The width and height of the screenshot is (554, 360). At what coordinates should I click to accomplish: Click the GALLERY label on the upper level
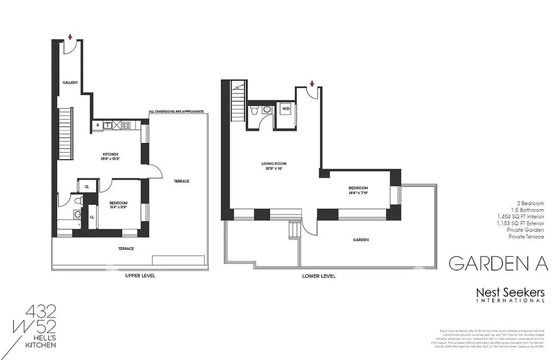coord(70,82)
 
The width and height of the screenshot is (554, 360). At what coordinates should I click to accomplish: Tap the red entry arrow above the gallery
coord(70,37)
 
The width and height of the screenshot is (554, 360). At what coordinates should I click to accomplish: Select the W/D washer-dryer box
coord(286,108)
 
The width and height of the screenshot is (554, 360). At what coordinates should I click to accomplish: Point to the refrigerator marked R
coord(97,126)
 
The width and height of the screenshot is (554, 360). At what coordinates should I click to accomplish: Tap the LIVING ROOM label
coord(274,163)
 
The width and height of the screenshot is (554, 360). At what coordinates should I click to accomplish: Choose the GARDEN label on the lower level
coord(361,240)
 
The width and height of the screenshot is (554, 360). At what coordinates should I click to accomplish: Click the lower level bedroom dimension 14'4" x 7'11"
coord(358,193)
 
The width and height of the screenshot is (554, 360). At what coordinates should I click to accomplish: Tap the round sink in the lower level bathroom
coord(267,109)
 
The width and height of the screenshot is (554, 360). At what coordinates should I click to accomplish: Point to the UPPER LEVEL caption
coord(140,275)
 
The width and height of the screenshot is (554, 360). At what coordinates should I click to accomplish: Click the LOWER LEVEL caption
coord(319,276)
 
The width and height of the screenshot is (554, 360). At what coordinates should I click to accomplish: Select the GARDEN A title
coord(498,264)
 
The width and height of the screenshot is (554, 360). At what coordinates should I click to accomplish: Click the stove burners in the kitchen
coord(126,126)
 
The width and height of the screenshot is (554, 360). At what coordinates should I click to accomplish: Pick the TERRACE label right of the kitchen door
coord(182,181)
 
